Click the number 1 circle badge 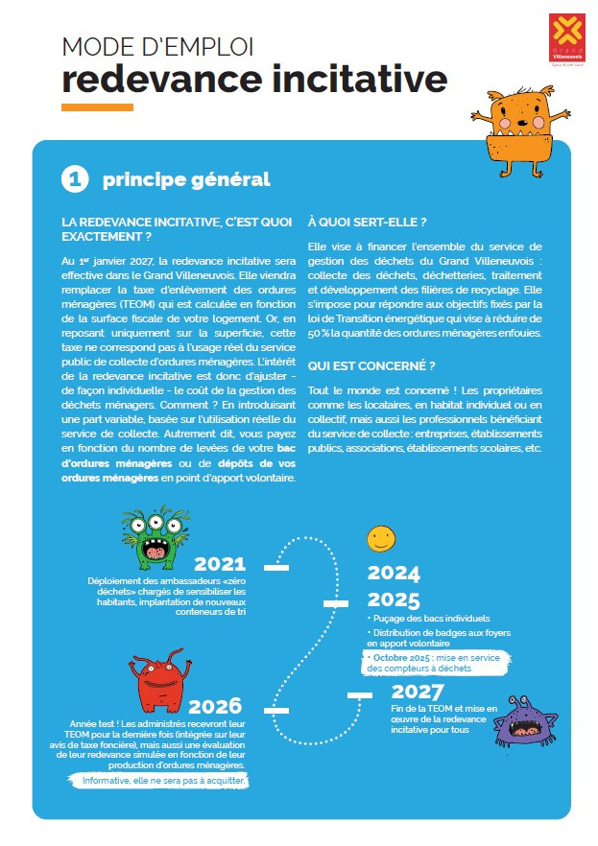tap(75, 179)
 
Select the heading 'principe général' tap(186, 179)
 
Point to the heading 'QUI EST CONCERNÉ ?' tap(371, 365)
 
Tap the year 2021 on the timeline tap(220, 565)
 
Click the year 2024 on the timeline tap(394, 575)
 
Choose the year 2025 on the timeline tap(394, 600)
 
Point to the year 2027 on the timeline tap(418, 693)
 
